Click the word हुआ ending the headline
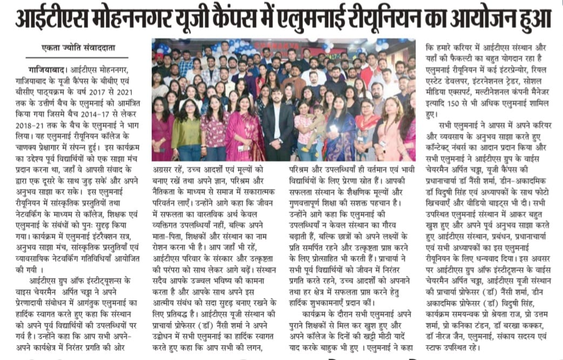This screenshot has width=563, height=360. (x=535, y=18)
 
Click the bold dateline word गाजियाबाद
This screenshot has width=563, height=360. (x=42, y=71)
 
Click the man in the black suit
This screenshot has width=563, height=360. (x=279, y=121)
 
